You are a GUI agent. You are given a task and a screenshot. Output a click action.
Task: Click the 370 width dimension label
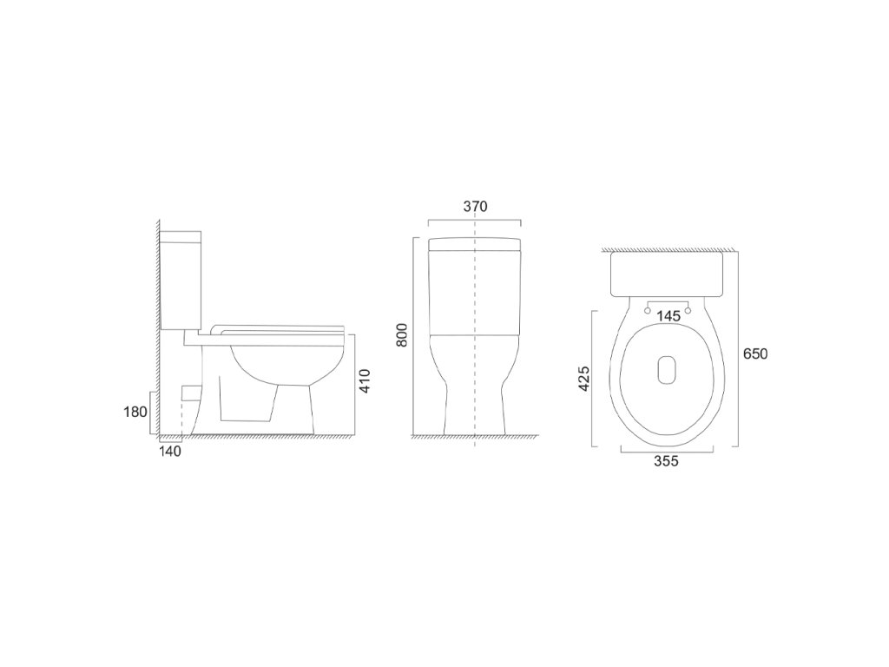click(475, 207)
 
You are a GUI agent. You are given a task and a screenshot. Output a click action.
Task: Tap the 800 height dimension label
click(401, 336)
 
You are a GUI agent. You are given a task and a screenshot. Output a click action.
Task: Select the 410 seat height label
click(365, 381)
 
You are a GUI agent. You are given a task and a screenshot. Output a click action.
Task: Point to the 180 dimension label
click(135, 412)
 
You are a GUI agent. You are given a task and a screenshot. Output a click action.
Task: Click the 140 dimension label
click(169, 452)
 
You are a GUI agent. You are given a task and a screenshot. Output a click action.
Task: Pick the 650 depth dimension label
click(755, 354)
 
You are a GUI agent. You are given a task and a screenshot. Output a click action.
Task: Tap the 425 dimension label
click(584, 379)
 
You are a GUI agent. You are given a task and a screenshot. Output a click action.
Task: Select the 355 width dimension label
click(666, 462)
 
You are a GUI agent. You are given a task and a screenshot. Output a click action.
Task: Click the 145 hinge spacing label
click(668, 316)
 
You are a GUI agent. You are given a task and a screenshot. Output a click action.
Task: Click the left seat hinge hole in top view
click(648, 310)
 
